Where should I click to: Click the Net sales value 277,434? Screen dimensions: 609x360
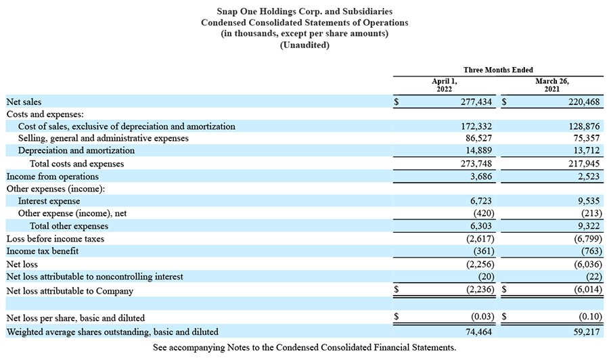[x=476, y=102]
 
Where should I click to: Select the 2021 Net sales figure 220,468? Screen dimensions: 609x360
[x=584, y=102]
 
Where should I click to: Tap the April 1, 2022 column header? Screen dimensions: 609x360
[x=445, y=85]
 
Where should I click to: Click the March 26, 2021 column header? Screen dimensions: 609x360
[x=552, y=85]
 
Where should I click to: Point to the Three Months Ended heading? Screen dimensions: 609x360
[x=498, y=70]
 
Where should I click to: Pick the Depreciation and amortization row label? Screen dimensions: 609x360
[x=76, y=150]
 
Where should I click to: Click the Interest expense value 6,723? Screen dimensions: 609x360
[x=481, y=201]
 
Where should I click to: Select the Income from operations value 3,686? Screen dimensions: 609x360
[x=481, y=177]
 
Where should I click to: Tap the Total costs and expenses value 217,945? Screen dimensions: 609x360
[x=584, y=164]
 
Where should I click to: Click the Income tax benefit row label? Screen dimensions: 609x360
[x=43, y=251]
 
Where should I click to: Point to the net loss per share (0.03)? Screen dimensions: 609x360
[x=482, y=317]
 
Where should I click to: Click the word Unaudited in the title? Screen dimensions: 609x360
[x=304, y=45]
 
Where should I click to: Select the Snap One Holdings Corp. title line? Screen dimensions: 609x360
[x=304, y=12]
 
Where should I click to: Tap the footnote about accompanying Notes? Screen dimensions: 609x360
[x=304, y=347]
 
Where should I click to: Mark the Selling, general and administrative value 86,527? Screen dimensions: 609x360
[x=478, y=138]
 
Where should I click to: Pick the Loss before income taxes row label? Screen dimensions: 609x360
[x=55, y=238]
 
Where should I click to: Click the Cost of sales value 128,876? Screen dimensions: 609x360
[x=584, y=127]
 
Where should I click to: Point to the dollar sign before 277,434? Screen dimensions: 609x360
[x=396, y=102]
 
